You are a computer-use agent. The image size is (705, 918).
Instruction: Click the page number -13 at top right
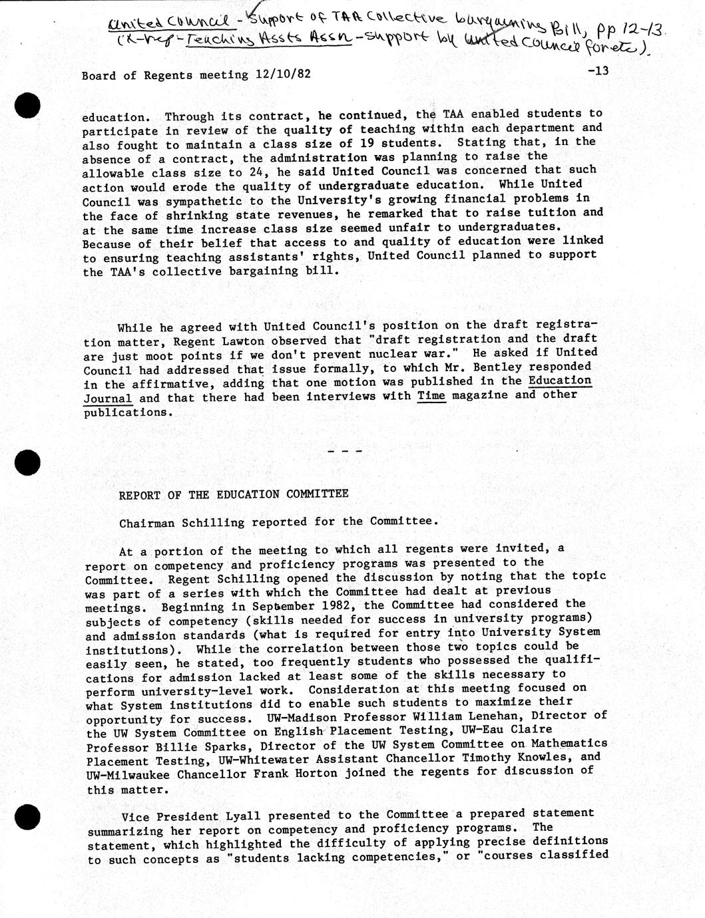click(x=598, y=71)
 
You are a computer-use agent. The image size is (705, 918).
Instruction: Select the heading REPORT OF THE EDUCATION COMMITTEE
click(x=234, y=494)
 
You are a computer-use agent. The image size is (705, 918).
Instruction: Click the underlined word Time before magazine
click(x=431, y=396)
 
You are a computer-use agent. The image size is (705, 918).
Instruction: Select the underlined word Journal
click(x=108, y=398)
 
